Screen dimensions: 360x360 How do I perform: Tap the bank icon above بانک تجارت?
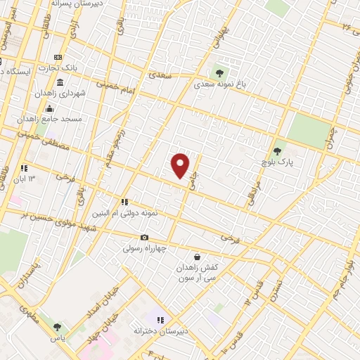(x=58, y=58)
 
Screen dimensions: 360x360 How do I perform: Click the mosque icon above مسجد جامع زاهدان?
(x=49, y=108)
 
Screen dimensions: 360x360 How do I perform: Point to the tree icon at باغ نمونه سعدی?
(x=219, y=72)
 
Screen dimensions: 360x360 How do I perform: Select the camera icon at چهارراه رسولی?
(x=145, y=238)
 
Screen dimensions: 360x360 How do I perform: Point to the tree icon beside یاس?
(x=57, y=327)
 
